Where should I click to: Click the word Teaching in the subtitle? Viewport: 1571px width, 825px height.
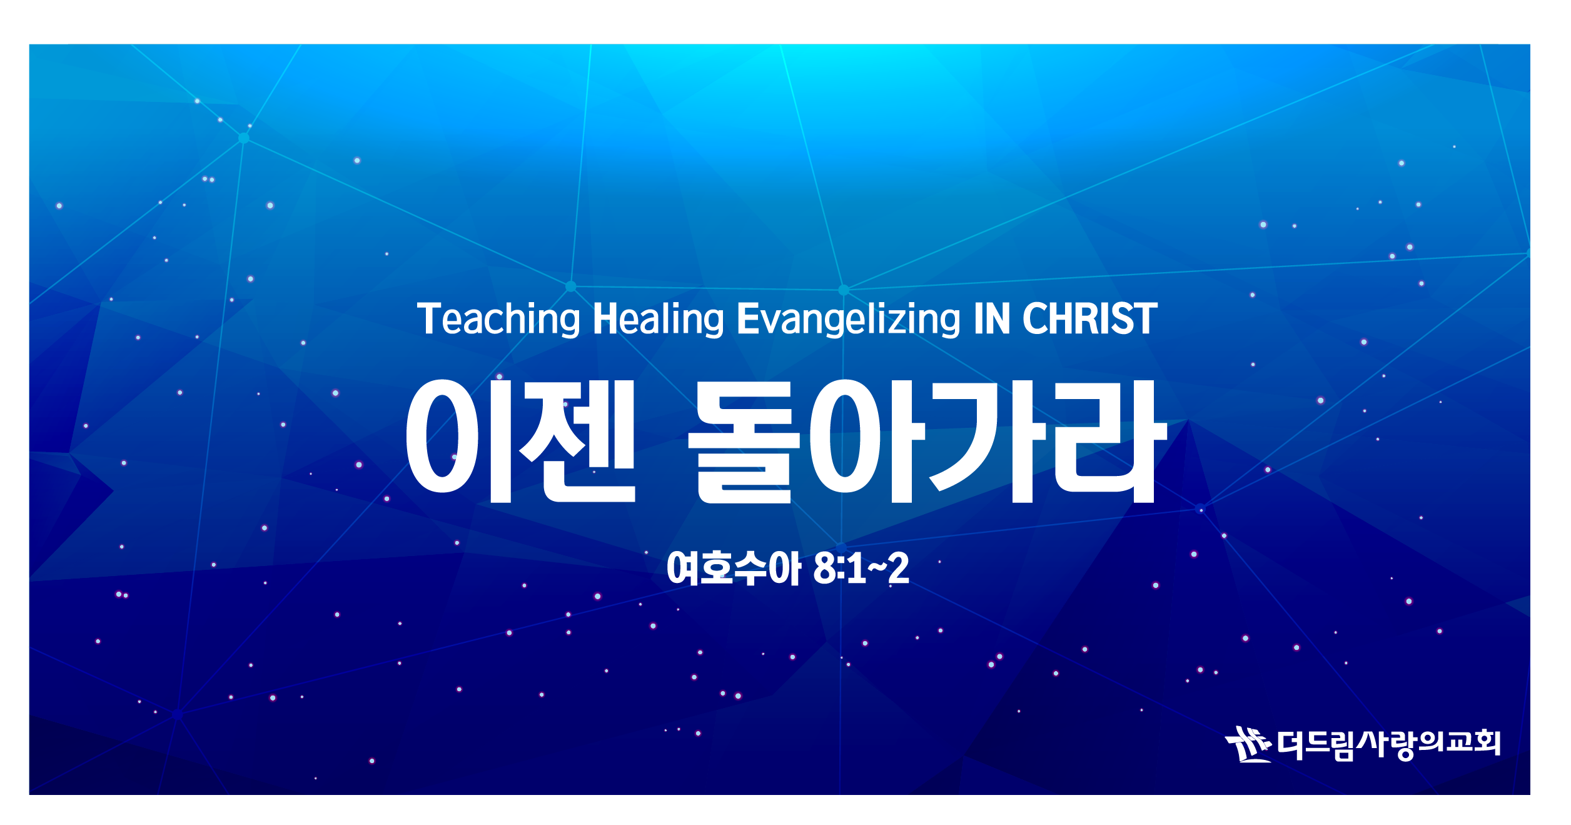[498, 320]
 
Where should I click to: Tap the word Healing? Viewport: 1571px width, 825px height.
[658, 320]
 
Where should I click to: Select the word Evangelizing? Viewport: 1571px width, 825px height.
[848, 320]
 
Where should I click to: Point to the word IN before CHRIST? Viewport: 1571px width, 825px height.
[991, 319]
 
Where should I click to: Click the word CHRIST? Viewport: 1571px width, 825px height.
[1089, 319]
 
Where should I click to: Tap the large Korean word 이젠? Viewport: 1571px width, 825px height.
[521, 441]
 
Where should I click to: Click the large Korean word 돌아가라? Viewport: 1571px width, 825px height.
[927, 441]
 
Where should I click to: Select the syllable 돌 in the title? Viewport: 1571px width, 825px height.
[744, 441]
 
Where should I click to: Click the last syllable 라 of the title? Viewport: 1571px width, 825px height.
[1111, 441]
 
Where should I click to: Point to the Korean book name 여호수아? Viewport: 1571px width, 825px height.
[734, 569]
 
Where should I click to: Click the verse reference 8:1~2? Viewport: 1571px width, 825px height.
[861, 569]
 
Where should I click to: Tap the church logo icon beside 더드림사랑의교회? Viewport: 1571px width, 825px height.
[1248, 744]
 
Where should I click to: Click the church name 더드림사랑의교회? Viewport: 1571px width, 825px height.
[1388, 744]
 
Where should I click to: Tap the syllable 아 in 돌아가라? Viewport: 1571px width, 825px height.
[867, 441]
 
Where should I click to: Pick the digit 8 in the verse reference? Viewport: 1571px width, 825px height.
[825, 569]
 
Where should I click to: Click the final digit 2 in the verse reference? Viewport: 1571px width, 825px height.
[899, 569]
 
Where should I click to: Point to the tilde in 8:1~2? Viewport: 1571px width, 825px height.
[877, 568]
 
